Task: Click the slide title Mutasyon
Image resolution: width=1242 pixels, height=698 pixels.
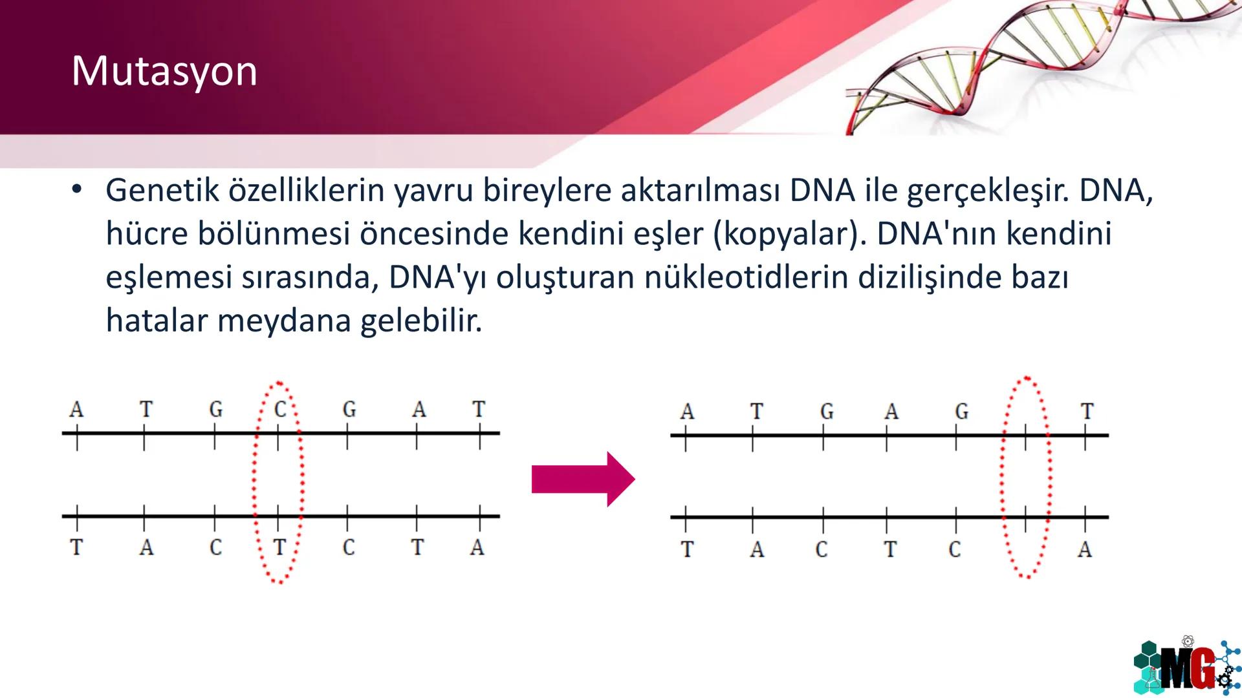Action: tap(164, 71)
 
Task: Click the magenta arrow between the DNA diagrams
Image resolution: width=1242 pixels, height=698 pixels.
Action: tap(582, 480)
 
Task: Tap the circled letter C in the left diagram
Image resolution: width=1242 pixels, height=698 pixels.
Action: tap(280, 409)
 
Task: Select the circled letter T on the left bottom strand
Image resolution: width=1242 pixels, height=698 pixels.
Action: tap(279, 547)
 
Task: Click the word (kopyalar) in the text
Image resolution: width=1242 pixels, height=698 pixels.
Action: tap(789, 234)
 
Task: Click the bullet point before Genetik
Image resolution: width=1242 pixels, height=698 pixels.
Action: tap(77, 189)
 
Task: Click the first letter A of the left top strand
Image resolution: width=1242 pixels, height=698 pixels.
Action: tap(76, 409)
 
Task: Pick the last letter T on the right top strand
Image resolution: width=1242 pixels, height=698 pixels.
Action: tap(1087, 411)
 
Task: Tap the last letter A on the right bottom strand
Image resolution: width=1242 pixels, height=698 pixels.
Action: tap(1085, 549)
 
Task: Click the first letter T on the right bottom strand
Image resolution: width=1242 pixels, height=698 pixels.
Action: tap(686, 549)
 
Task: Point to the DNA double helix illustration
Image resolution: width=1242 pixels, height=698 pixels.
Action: tap(1035, 65)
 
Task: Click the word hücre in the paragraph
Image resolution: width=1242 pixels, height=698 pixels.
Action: tap(147, 234)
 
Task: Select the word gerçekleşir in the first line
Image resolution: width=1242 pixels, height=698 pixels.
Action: tap(987, 191)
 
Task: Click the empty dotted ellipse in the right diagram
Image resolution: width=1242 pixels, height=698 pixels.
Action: tap(1026, 478)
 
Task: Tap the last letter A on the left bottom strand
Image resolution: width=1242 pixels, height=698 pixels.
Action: tap(477, 547)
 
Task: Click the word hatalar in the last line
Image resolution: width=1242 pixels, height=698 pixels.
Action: tap(156, 321)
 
